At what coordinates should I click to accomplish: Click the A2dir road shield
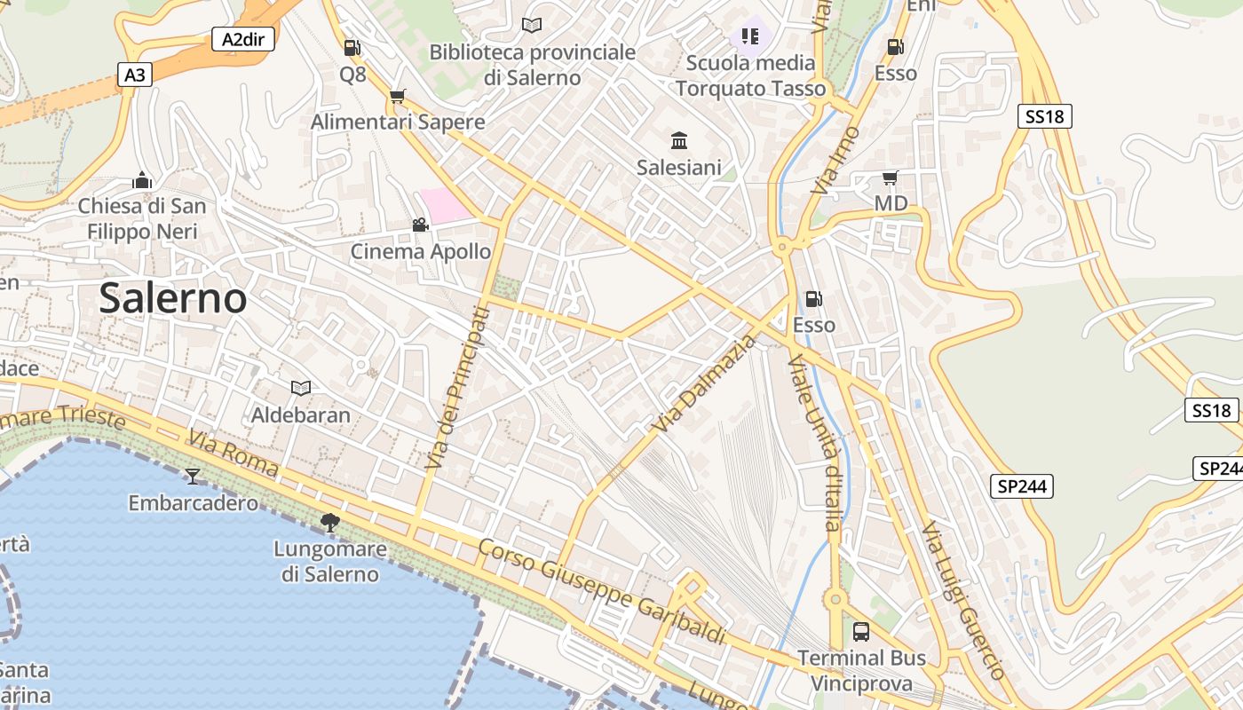click(243, 39)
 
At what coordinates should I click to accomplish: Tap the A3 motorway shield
click(134, 75)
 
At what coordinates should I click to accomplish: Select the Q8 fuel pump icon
click(352, 48)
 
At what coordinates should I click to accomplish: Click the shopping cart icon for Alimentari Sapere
click(398, 96)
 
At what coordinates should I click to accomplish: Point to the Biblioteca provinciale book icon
click(532, 26)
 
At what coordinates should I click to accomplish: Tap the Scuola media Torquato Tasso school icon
click(750, 36)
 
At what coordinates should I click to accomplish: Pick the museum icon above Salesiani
click(679, 140)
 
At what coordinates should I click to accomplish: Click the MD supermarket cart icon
click(890, 177)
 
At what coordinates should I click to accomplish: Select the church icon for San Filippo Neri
click(142, 180)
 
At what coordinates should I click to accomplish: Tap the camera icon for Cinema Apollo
click(420, 225)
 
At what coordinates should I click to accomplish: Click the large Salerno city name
click(173, 298)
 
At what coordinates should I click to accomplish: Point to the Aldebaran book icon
click(301, 388)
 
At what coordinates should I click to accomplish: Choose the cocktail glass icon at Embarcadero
click(193, 477)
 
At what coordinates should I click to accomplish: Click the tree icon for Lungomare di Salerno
click(330, 523)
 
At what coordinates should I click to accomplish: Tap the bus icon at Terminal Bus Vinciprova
click(861, 632)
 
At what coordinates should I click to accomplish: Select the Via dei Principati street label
click(458, 388)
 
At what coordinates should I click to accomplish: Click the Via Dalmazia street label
click(704, 384)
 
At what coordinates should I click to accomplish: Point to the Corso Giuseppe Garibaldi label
click(602, 591)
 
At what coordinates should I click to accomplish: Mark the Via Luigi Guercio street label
click(962, 600)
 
